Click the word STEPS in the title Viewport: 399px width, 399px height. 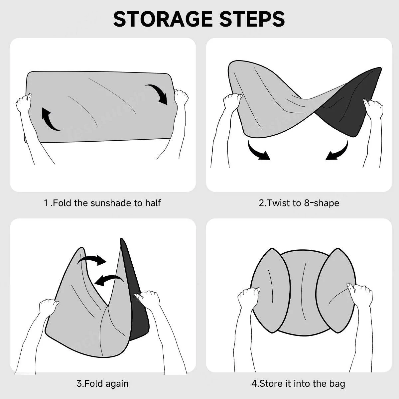tap(252, 19)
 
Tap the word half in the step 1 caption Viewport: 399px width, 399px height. tap(153, 203)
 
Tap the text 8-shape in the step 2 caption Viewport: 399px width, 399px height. tap(322, 203)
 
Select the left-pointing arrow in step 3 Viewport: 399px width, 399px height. tap(109, 280)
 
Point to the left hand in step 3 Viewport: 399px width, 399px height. tap(49, 307)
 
